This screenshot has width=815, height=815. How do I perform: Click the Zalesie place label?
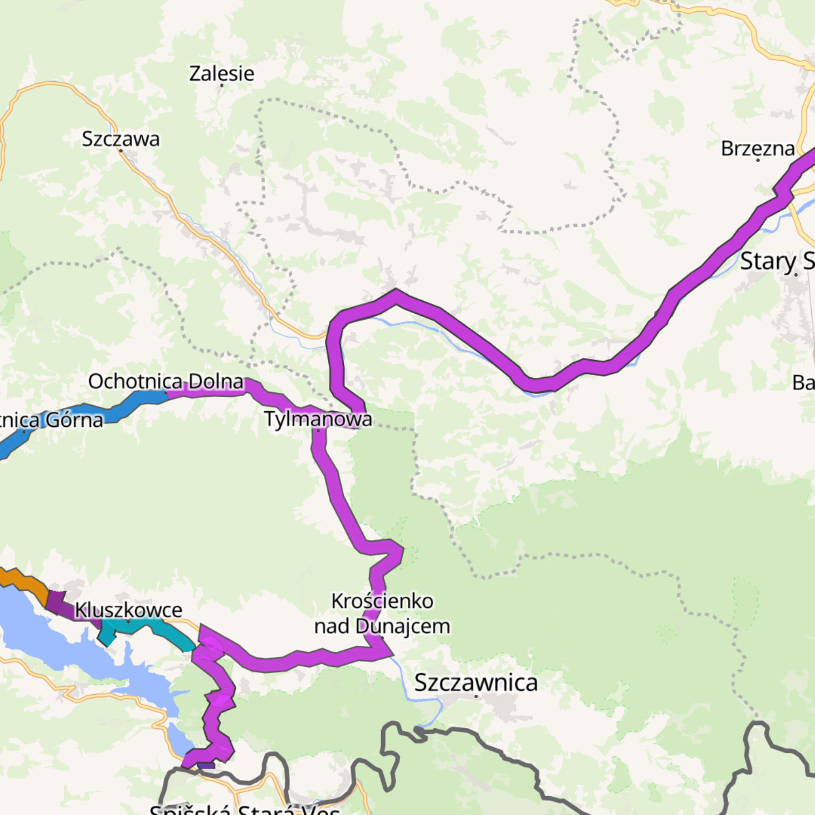[222, 73]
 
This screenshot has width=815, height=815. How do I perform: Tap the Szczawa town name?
[121, 139]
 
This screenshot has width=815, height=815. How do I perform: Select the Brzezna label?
[757, 149]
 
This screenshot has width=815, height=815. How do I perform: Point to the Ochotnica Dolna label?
[166, 381]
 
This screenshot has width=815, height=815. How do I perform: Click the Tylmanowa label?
[318, 419]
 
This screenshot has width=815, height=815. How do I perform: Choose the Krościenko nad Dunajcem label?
[382, 613]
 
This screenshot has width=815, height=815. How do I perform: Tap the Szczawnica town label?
[476, 682]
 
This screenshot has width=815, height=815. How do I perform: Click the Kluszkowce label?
[128, 610]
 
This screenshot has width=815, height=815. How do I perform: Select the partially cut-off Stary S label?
[776, 261]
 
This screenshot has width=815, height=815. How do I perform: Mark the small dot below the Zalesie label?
[222, 85]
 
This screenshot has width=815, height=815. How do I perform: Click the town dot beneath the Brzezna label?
[758, 161]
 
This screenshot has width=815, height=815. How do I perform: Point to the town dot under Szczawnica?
[476, 696]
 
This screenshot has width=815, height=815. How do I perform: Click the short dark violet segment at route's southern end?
[206, 765]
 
